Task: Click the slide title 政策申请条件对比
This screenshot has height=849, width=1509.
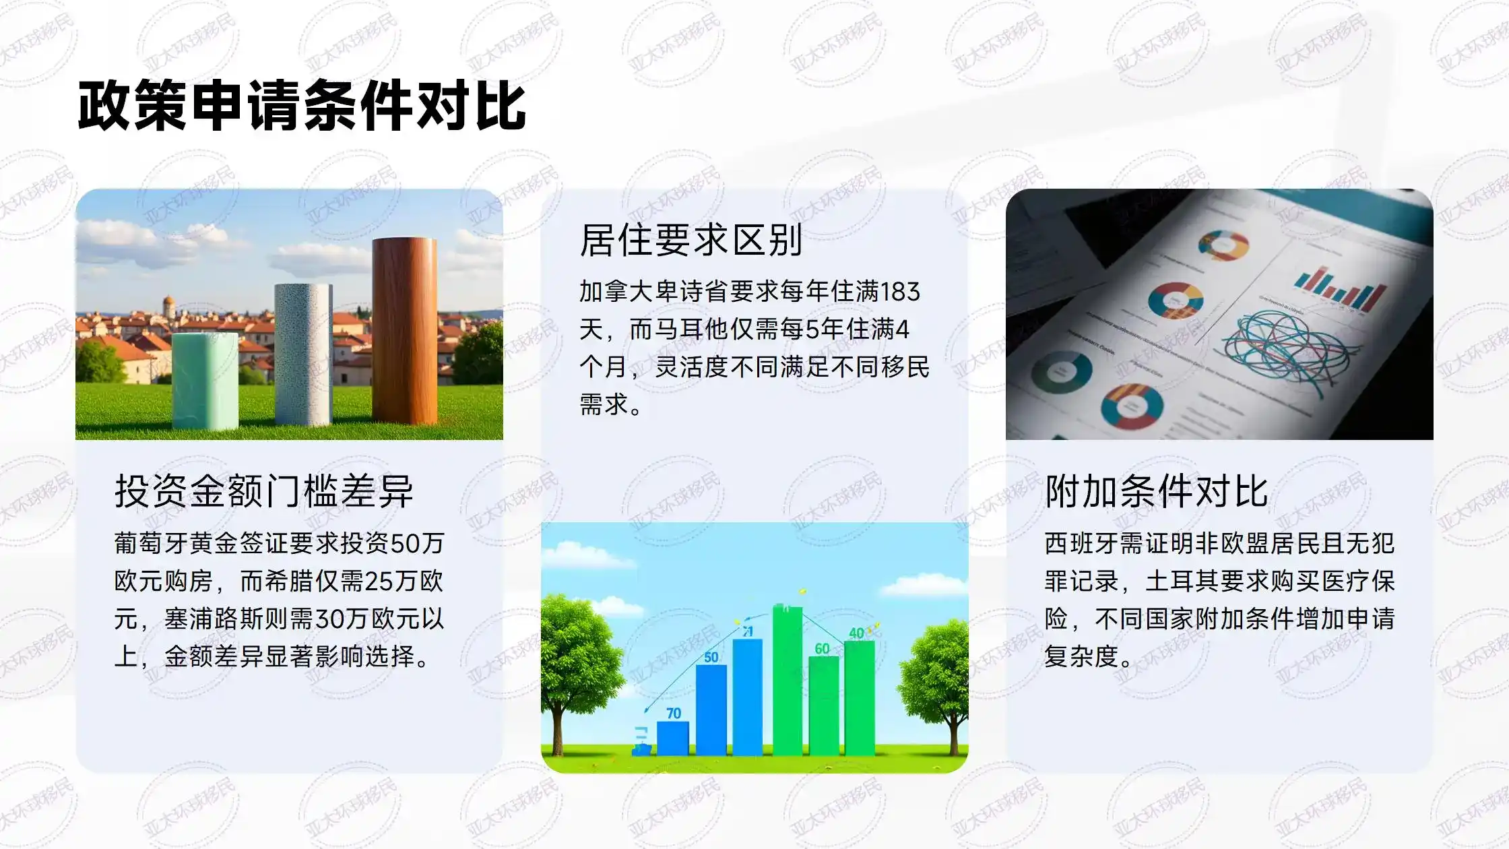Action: pyautogui.click(x=301, y=106)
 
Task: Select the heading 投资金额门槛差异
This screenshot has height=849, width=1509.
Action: pyautogui.click(x=263, y=491)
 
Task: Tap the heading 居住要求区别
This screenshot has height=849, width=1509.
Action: pyautogui.click(x=691, y=241)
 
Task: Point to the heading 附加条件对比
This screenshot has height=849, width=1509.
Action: pyautogui.click(x=1156, y=491)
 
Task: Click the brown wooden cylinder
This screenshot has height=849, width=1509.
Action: pyautogui.click(x=404, y=330)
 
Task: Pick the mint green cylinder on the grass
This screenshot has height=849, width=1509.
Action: pyautogui.click(x=205, y=381)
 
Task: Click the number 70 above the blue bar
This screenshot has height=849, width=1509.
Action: pyautogui.click(x=674, y=713)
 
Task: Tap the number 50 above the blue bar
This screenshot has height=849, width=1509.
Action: pyautogui.click(x=711, y=656)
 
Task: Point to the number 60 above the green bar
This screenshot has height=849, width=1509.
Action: pyautogui.click(x=822, y=648)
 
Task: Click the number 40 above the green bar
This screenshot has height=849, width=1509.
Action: pyautogui.click(x=857, y=633)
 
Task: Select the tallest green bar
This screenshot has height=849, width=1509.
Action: pyautogui.click(x=787, y=681)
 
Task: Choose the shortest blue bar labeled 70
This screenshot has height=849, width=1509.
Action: pyautogui.click(x=672, y=738)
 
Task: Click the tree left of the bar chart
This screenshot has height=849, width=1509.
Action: pyautogui.click(x=573, y=660)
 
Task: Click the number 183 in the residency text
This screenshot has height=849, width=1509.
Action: pyautogui.click(x=900, y=292)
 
